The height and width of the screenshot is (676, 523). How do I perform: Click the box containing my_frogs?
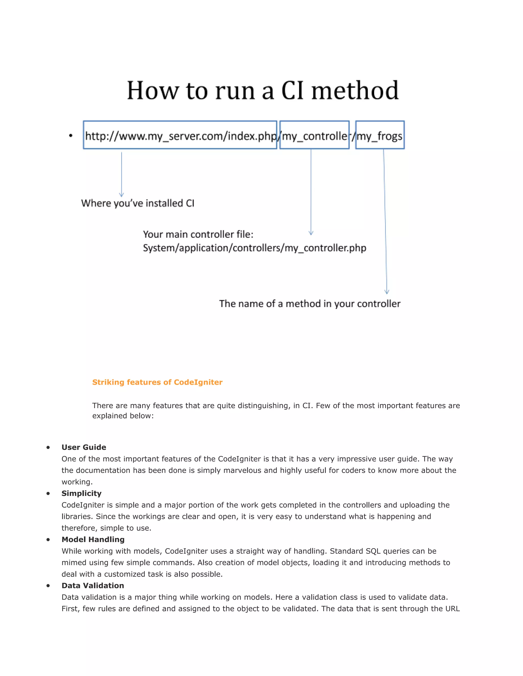380,135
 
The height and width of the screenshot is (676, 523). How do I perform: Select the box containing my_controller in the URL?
314,135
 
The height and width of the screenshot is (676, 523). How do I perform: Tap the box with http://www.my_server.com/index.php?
180,135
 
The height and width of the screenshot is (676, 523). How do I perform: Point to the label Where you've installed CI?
138,203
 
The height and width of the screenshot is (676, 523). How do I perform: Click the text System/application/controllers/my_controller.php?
254,248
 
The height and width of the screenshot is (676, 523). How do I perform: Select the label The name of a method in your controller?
310,304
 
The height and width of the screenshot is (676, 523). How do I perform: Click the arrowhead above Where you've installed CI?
122,195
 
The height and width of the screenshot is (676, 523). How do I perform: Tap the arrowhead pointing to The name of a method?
387,292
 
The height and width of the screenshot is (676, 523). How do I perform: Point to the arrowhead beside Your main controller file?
311,233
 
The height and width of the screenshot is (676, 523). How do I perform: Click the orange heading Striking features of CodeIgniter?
157,382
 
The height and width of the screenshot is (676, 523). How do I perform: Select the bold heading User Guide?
84,447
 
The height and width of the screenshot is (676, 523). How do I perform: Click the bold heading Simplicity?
81,493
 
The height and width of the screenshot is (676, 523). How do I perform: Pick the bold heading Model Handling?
93,540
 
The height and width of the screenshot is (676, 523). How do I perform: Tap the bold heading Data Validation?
93,586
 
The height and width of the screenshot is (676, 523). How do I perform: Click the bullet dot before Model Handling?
48,540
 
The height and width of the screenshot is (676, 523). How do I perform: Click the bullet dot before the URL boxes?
71,135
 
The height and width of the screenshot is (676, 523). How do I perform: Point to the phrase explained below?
123,416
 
